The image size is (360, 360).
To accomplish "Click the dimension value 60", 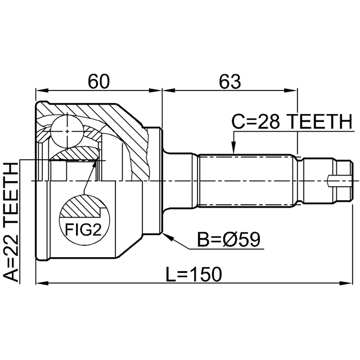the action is tap(99, 82).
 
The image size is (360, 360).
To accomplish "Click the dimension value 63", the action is tap(230, 82).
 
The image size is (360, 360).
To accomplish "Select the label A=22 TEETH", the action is tap(11, 222).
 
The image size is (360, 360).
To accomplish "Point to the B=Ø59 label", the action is tap(229, 240).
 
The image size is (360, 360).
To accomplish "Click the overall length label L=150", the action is tap(194, 274).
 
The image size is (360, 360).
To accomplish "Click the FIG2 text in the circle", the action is tap(83, 229).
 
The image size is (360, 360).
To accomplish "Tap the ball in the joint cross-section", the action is tap(67, 131).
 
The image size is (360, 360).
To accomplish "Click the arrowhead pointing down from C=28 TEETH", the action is tap(233, 147).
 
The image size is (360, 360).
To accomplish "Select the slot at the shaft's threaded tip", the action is tap(339, 181).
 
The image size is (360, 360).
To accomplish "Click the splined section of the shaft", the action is tap(246, 181).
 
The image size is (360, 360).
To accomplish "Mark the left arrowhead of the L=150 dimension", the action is tap(42, 283).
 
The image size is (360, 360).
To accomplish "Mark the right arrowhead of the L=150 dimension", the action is tap(345, 283).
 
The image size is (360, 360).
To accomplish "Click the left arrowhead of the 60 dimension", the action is tap(42, 91).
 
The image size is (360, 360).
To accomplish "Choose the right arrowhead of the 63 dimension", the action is tap(291, 91).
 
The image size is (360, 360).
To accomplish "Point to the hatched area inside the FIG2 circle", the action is tap(82, 206).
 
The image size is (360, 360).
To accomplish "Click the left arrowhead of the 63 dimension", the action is tap(169, 91).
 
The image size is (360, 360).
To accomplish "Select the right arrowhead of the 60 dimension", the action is tap(155, 91).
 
